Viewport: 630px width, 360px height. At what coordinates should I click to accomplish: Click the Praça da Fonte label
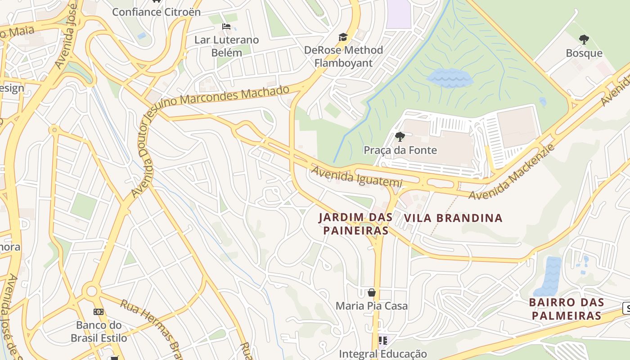coord(400,150)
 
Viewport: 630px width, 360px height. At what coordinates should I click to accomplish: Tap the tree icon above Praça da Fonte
coord(400,137)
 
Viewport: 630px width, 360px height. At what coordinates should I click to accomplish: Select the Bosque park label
coord(584,53)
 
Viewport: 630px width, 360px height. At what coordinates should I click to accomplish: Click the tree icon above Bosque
coord(584,40)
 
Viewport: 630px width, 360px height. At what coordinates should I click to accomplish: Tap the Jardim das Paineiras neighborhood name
coord(355,224)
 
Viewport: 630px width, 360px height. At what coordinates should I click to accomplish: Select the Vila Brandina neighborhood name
coord(453,218)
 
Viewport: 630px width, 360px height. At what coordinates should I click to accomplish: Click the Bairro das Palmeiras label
coord(566,309)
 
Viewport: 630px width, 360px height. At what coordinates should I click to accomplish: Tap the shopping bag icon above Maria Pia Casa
coord(372,293)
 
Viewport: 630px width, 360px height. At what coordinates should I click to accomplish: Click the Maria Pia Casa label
coord(372,306)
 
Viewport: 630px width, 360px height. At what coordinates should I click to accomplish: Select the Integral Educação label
coord(382,354)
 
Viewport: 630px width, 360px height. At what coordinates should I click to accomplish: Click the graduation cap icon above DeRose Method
coord(343,37)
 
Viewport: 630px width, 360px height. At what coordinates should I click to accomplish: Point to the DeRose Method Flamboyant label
coord(344,56)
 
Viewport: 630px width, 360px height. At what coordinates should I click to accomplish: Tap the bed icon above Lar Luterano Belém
coord(226,27)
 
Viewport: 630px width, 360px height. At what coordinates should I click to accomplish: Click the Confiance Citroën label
coord(156,12)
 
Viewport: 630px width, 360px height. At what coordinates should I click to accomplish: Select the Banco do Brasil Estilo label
coord(99,331)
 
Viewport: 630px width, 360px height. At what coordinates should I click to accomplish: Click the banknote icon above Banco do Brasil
coord(99,312)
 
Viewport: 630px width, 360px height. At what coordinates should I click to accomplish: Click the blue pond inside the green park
coord(449,78)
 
